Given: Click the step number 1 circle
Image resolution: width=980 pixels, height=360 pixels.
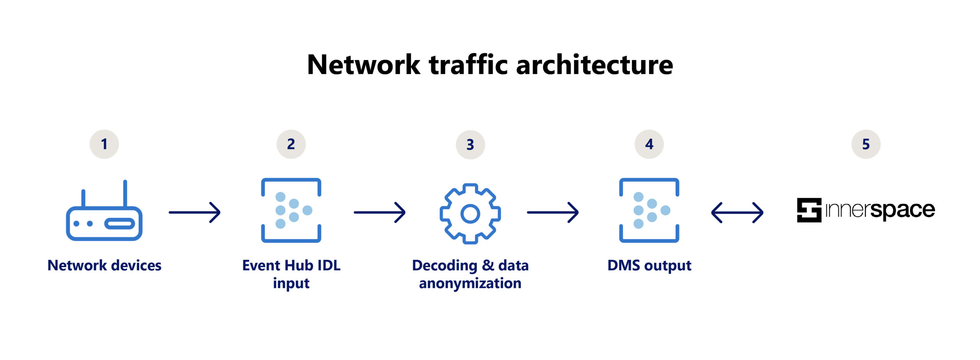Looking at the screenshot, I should pos(104,144).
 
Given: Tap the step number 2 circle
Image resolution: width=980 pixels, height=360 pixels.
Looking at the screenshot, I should pos(291,144).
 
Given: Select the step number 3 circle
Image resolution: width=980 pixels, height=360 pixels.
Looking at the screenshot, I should pos(470,145).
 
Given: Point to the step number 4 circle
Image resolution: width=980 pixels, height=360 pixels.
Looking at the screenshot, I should pos(649,144).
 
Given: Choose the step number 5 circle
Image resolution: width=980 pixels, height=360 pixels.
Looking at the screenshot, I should pos(866,144).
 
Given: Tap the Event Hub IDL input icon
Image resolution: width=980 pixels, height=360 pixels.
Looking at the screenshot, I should pos(291,210).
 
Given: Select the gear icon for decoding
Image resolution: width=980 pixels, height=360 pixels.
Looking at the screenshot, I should pos(470,213).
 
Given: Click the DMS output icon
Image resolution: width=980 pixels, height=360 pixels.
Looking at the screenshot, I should pos(649,210).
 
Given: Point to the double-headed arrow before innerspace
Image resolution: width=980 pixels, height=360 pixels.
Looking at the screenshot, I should pos(737,213).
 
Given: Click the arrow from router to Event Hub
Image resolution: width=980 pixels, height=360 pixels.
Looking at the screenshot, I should pos(194,213).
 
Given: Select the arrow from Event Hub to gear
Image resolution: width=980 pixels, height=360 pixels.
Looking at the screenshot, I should pos(379,213).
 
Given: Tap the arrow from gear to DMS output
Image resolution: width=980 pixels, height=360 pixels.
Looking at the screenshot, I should pos(552,213).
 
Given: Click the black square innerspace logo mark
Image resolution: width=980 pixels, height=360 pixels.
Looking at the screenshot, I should pos(809,210).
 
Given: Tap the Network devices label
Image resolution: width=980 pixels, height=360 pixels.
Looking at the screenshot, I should pos(104,265).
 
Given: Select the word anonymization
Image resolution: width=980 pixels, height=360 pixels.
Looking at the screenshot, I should pos(470,283).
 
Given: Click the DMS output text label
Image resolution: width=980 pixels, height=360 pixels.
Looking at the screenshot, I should pos(649,265).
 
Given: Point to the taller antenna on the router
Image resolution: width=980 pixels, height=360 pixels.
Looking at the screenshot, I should pos(125,193).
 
